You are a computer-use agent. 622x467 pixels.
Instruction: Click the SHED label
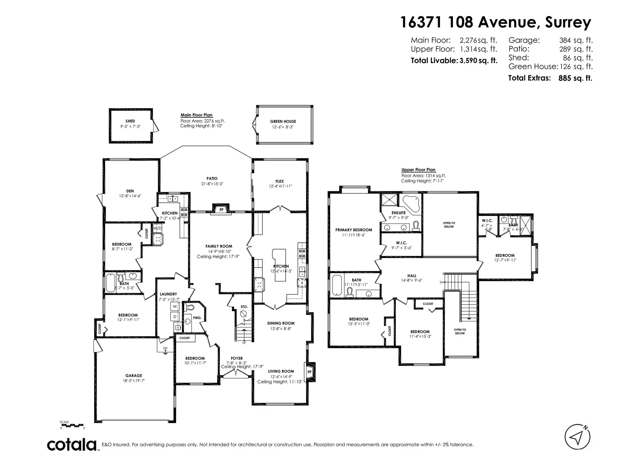tap(130, 121)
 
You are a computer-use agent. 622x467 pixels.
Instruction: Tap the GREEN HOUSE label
tap(283, 121)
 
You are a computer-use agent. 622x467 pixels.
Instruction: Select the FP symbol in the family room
tap(222, 210)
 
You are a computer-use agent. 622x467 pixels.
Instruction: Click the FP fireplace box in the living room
tap(309, 372)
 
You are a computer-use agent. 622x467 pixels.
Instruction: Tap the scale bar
tap(72, 425)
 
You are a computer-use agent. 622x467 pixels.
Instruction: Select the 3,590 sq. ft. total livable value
tap(478, 61)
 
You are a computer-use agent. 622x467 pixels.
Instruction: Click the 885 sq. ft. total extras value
tap(575, 78)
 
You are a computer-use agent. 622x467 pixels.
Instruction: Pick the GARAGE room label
tap(134, 376)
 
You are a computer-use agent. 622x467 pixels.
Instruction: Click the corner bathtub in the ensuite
tap(411, 202)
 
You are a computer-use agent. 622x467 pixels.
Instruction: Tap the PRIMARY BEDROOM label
tap(353, 230)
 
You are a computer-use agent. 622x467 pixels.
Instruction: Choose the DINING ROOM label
tap(281, 323)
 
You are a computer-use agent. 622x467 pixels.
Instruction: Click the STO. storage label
tap(244, 306)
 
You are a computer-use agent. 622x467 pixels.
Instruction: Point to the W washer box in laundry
tap(175, 306)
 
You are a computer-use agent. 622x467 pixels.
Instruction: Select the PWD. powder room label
tap(197, 318)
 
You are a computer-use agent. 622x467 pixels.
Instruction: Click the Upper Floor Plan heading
tap(418, 170)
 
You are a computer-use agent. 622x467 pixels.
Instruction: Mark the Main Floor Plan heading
tap(196, 115)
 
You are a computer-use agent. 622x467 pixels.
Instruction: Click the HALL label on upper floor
tap(412, 276)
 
